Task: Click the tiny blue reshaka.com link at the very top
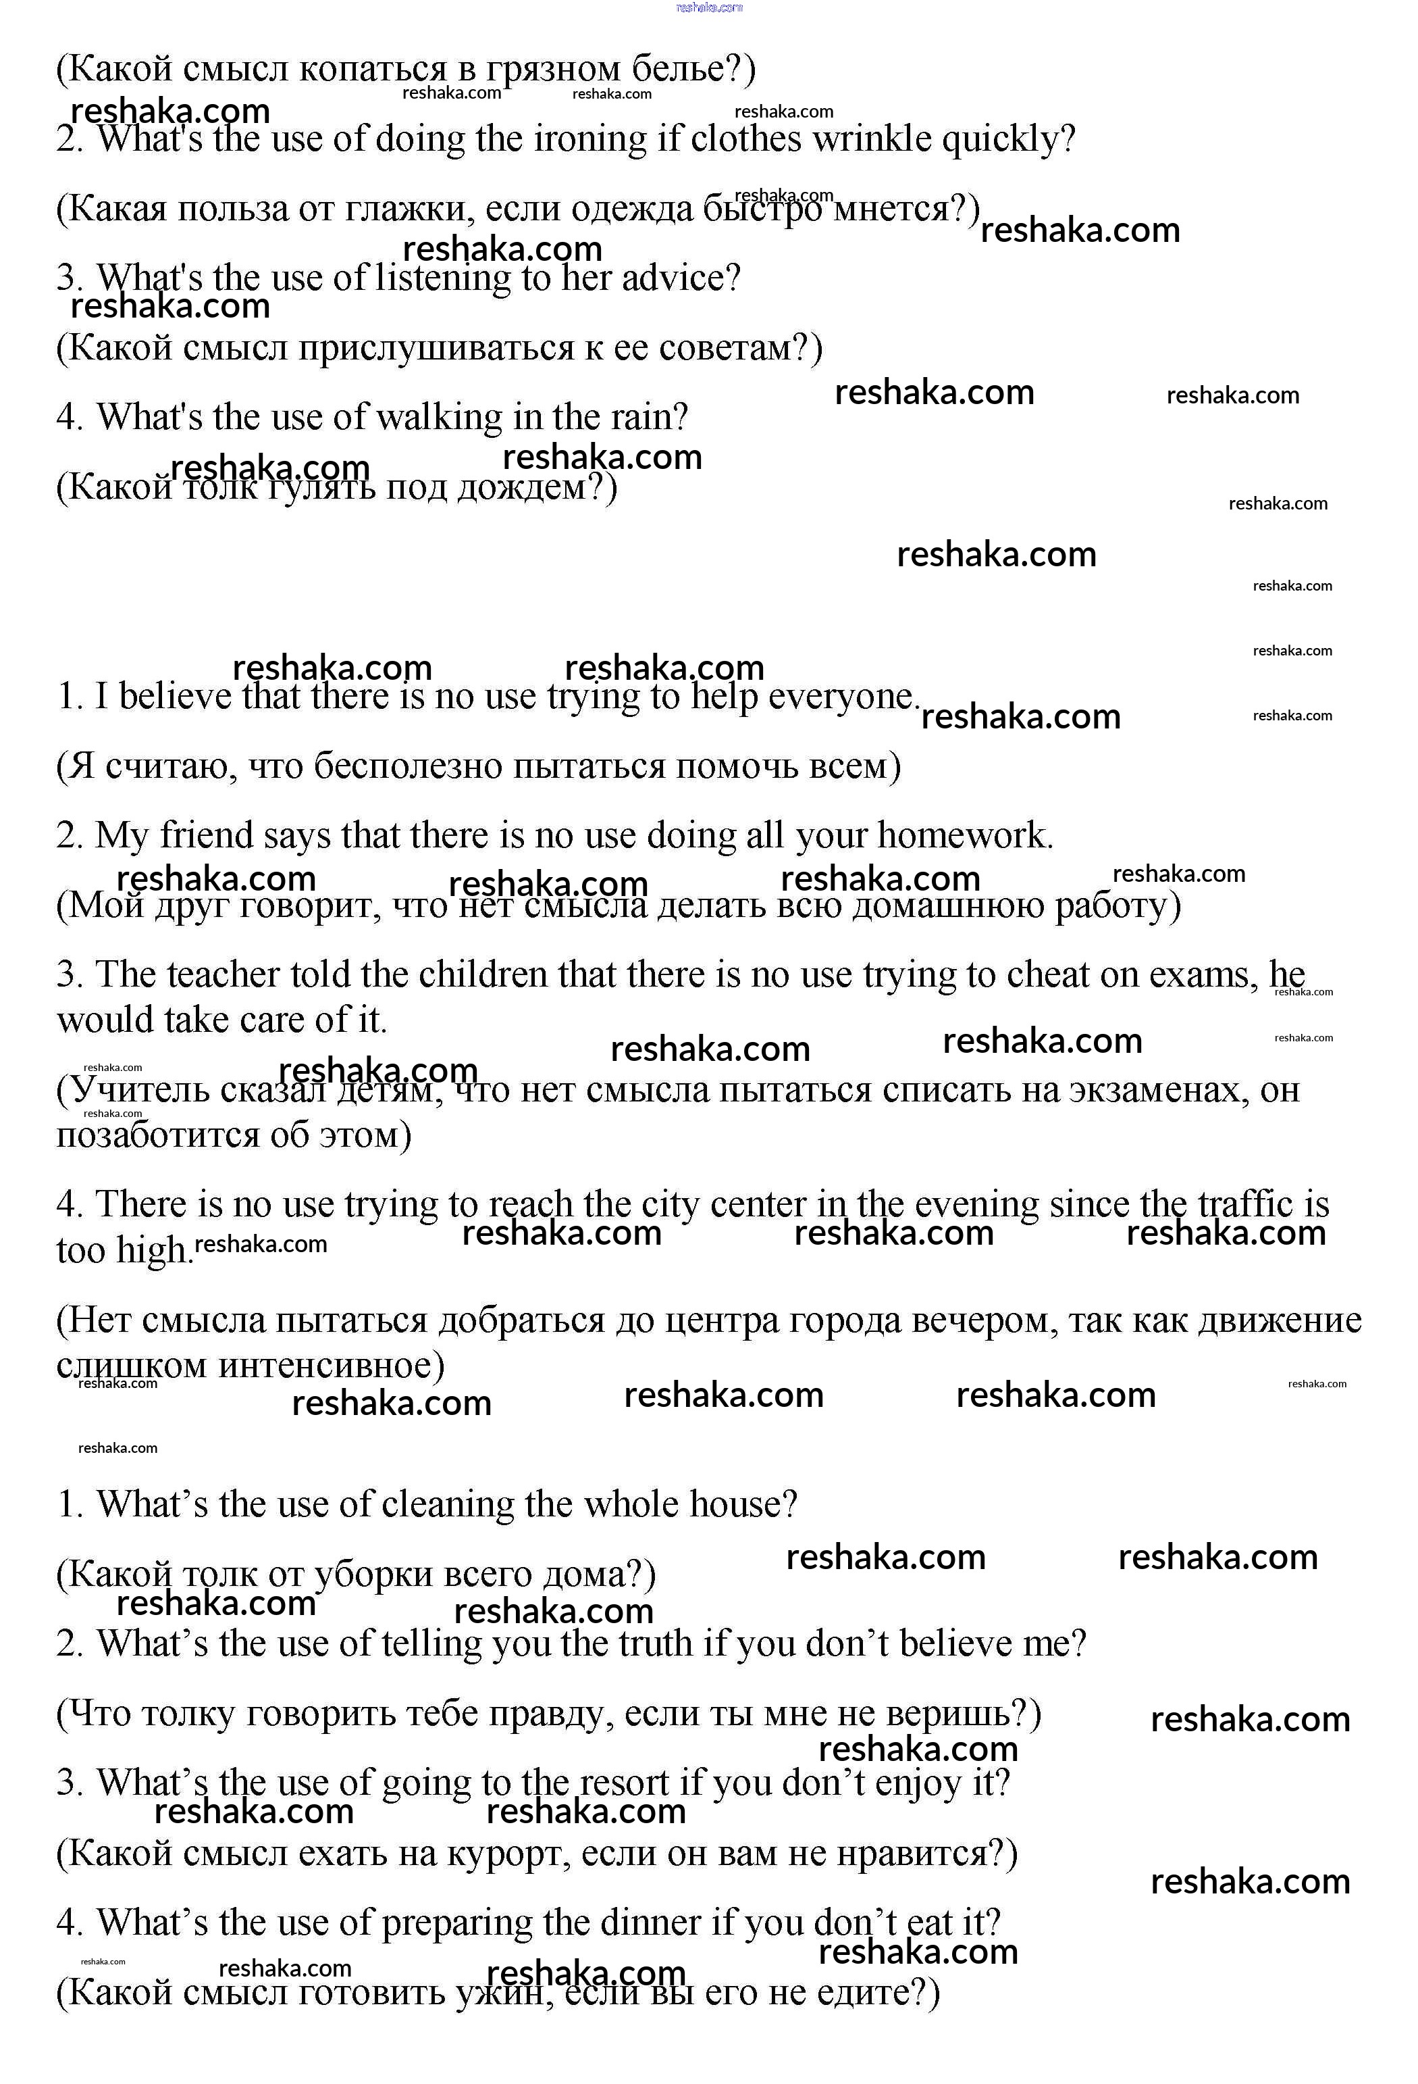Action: click(x=709, y=7)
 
